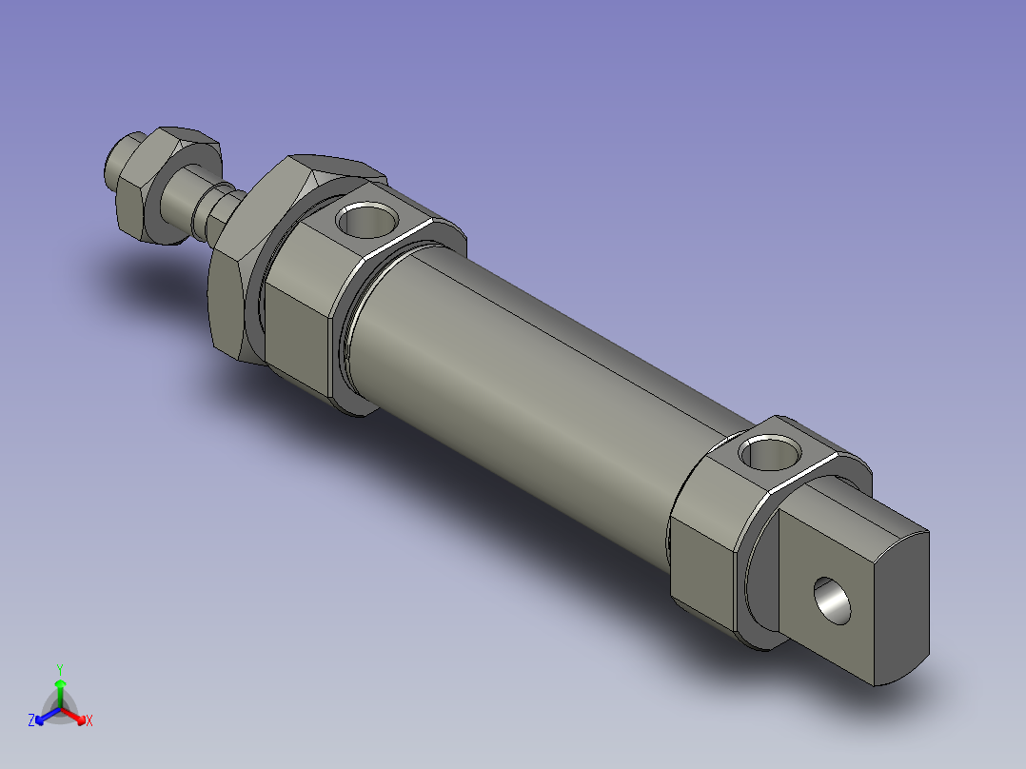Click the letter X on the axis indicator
(89, 721)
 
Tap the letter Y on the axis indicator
(59, 668)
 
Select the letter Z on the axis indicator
(31, 720)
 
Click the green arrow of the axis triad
(59, 689)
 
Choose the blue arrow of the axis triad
(44, 716)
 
